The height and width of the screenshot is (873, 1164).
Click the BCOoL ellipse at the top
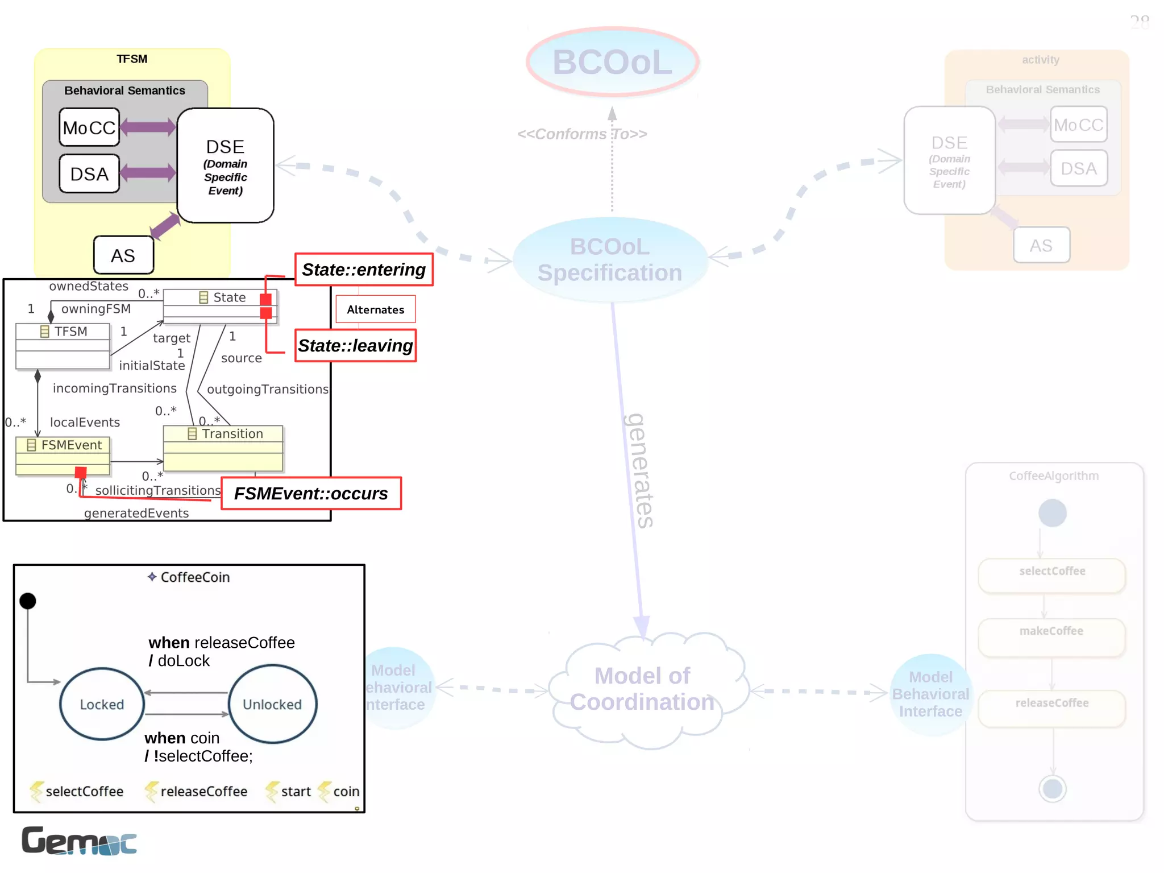click(x=612, y=61)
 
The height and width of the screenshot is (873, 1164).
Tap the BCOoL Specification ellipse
click(x=610, y=260)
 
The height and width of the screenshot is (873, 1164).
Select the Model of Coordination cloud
click(x=642, y=689)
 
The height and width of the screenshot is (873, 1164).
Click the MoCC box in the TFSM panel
click(x=89, y=127)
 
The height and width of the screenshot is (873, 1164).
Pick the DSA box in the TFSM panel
click(x=89, y=173)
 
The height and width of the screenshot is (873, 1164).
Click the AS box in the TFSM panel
click(x=123, y=255)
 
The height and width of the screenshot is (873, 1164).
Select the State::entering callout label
click(x=364, y=270)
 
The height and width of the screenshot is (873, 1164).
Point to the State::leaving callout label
click(x=355, y=346)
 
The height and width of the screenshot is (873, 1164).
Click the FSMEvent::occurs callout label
click(x=311, y=494)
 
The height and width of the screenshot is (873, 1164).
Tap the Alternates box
click(x=375, y=309)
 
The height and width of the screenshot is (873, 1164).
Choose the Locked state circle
click(x=102, y=704)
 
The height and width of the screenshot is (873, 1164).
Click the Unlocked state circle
click(x=272, y=704)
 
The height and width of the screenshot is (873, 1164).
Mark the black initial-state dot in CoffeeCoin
click(x=28, y=601)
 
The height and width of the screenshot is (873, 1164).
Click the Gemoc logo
click(x=79, y=841)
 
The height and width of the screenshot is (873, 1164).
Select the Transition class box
click(x=223, y=448)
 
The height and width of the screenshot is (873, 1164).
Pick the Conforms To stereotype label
click(x=582, y=134)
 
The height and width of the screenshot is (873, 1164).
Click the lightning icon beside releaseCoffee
click(x=151, y=791)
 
